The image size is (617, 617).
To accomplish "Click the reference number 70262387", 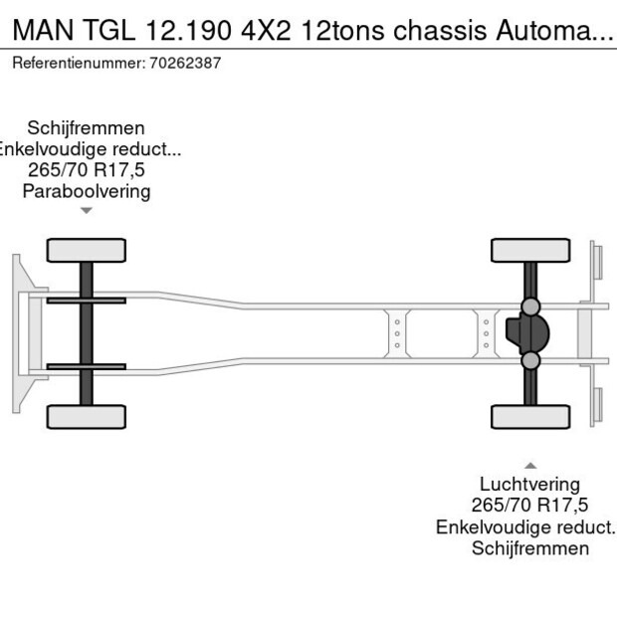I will tap(185, 63).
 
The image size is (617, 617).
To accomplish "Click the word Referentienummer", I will tap(78, 63).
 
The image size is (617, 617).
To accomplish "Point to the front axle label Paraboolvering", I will tap(87, 191).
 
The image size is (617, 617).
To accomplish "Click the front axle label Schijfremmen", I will tap(87, 128).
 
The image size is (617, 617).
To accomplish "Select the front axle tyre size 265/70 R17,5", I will tap(87, 170).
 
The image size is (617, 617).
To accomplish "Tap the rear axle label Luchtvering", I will tap(530, 486).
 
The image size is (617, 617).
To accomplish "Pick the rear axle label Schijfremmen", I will tap(530, 548).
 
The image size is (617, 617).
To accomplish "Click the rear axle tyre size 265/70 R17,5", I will tap(530, 507).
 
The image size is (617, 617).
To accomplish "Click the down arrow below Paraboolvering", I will tap(87, 210).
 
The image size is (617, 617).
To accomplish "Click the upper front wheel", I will tap(87, 250).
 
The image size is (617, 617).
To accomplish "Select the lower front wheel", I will tap(87, 416).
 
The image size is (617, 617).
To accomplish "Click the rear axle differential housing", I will tap(524, 333).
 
